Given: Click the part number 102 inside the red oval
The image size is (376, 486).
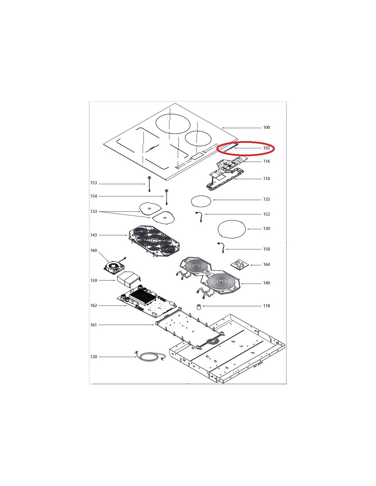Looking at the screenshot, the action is (266, 148).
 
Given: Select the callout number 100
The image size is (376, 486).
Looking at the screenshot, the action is (266, 127).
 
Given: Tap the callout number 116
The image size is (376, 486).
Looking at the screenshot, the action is (266, 161).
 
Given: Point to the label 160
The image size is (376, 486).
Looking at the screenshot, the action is (94, 250).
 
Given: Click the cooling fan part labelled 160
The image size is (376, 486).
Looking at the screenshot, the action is (114, 267).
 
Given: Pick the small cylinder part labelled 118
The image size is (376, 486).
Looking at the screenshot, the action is (198, 307).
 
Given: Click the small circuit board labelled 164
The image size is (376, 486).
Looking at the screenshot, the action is (240, 264).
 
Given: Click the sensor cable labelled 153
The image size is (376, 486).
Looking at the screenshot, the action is (149, 184).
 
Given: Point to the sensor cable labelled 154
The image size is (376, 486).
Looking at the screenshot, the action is (166, 197).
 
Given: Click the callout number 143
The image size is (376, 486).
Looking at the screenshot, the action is (94, 235).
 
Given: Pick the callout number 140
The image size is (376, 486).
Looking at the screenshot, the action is (266, 283).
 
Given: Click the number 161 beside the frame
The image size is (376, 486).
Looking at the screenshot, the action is (94, 325).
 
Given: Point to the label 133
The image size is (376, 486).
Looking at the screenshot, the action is (94, 211).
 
